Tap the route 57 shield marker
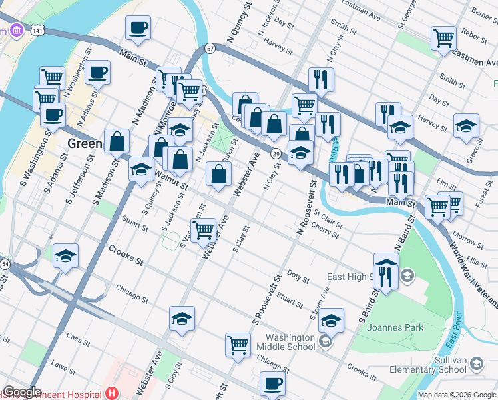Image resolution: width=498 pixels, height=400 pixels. click(210, 49)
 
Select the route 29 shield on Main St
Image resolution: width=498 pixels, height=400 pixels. click(275, 154)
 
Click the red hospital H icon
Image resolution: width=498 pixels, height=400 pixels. click(112, 394)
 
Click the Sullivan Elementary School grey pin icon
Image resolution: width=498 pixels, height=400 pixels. click(477, 363)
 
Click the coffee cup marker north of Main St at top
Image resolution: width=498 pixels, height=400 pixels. click(138, 27)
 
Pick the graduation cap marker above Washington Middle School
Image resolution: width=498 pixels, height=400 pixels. click(331, 320)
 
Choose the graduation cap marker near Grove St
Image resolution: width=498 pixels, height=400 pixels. click(466, 125)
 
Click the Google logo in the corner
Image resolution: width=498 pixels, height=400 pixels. click(23, 392)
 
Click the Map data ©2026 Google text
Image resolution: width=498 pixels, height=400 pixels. click(456, 395)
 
